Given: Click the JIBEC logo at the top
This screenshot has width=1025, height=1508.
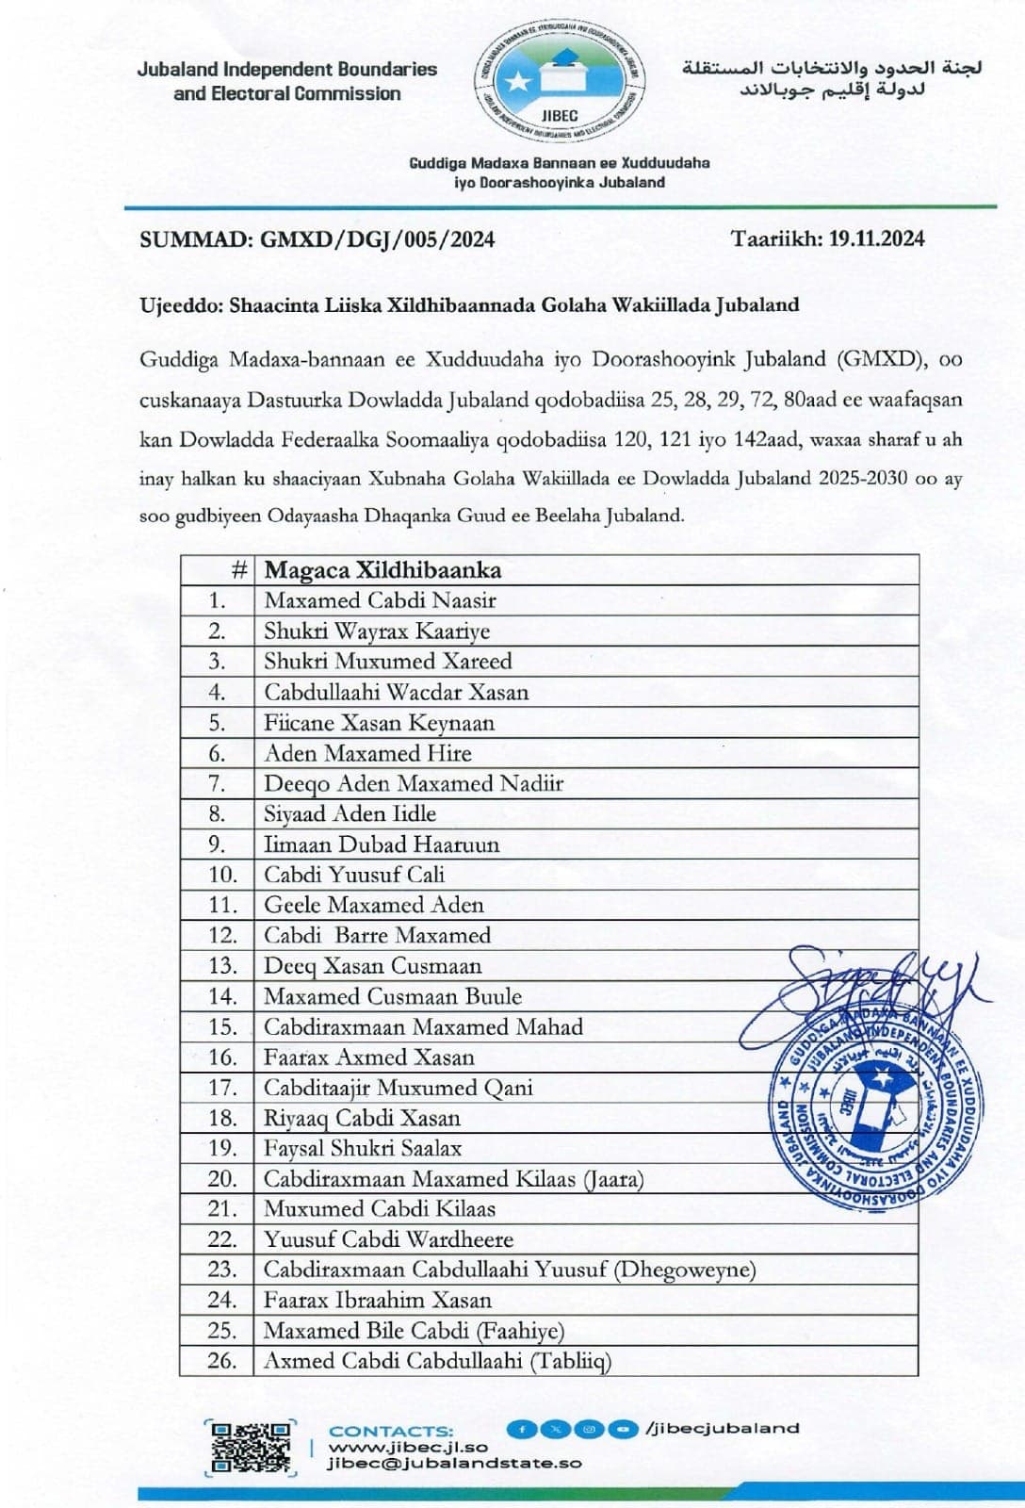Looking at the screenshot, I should click(562, 83).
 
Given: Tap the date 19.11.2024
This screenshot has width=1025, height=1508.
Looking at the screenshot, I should click(876, 238).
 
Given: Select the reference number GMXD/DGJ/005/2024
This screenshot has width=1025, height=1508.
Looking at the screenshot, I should click(377, 239).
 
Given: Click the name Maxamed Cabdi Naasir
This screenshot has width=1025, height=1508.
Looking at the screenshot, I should click(380, 600).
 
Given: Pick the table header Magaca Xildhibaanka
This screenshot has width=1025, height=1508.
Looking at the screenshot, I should click(382, 570).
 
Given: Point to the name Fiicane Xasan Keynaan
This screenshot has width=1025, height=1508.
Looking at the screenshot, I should click(379, 723).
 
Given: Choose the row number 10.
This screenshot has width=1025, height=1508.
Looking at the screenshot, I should click(221, 875).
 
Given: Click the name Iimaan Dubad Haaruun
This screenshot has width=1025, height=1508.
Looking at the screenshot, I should click(382, 844).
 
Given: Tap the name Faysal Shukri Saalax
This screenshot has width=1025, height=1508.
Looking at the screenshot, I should click(363, 1148).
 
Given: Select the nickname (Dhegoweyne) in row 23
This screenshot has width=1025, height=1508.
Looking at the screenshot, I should click(685, 1270).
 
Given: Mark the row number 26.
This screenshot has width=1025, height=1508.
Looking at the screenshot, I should click(221, 1360).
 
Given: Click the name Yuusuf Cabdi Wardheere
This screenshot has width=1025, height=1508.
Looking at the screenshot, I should click(388, 1239).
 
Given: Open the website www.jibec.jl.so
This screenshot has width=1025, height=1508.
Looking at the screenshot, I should click(408, 1447).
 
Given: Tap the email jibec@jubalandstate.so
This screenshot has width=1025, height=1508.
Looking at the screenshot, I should click(454, 1464).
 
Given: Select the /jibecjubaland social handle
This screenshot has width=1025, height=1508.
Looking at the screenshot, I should click(722, 1428).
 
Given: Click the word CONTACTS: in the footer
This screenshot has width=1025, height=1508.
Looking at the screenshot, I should click(391, 1431).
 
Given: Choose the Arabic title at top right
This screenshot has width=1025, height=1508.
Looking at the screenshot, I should click(832, 78).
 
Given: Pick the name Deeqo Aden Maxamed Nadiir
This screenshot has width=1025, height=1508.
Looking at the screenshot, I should click(414, 783).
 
